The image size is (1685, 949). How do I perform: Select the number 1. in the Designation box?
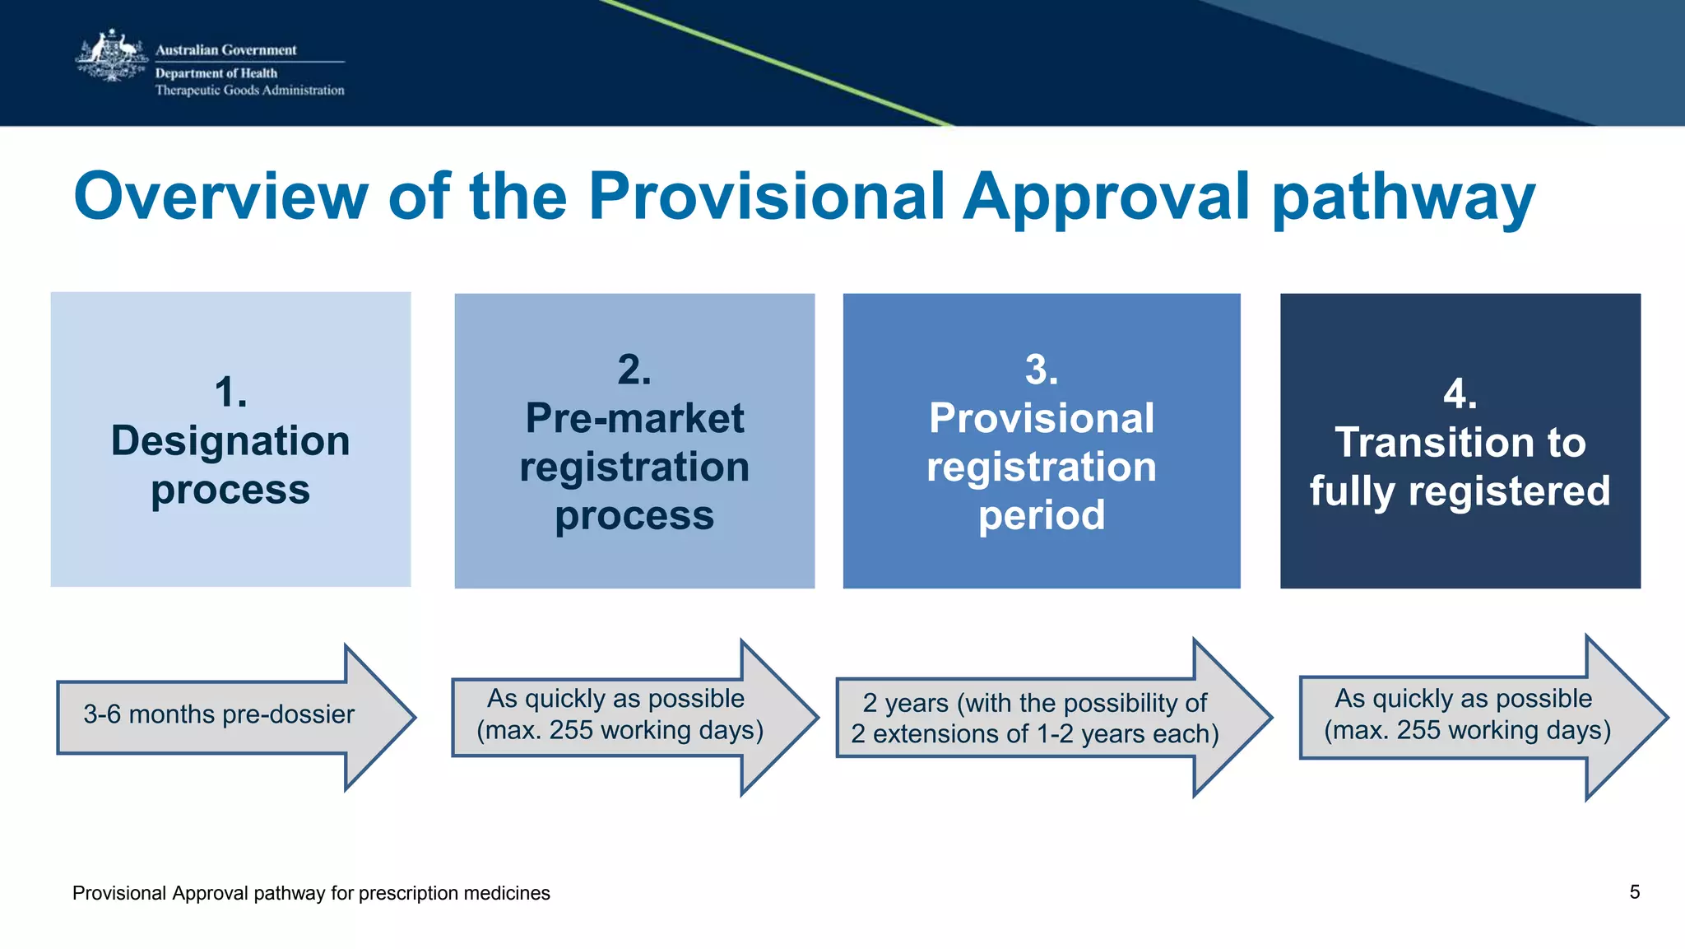[x=230, y=392]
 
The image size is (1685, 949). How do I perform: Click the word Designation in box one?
[x=230, y=441]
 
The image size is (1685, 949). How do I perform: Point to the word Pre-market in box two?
[x=634, y=418]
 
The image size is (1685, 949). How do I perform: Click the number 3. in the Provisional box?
[x=1041, y=370]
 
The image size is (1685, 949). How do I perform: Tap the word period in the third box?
[x=1041, y=515]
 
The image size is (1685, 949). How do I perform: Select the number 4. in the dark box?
[x=1460, y=393]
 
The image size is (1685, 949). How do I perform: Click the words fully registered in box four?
[x=1460, y=491]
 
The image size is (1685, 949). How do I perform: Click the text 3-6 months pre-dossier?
[x=218, y=714]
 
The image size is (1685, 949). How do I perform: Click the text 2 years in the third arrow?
[x=905, y=703]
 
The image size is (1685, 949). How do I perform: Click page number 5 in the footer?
[x=1634, y=892]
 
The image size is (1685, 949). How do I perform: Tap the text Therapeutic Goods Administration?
[x=249, y=91]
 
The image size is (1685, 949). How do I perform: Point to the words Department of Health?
[x=216, y=73]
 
